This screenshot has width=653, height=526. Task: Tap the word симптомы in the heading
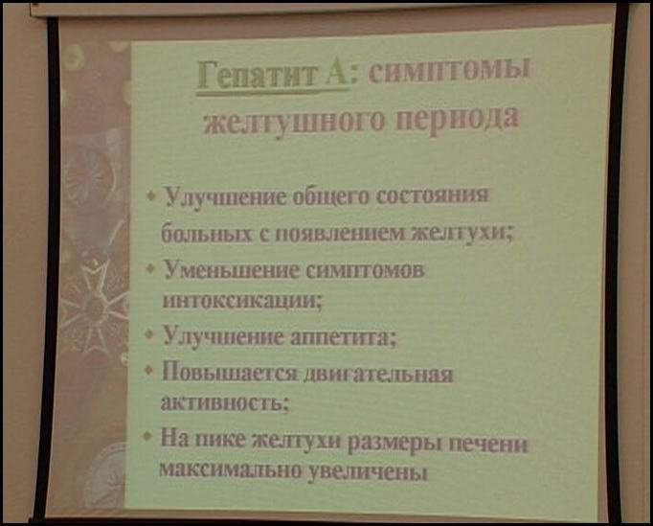click(448, 69)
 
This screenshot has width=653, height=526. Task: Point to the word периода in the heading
click(457, 121)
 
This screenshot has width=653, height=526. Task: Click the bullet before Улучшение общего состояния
click(152, 195)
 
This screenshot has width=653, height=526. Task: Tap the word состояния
click(432, 195)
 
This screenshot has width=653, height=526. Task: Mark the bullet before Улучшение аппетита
click(150, 334)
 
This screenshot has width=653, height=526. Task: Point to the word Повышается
click(230, 372)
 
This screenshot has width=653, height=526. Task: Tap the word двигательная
click(378, 374)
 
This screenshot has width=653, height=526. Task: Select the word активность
click(223, 402)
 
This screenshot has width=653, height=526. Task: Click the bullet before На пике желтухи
click(147, 436)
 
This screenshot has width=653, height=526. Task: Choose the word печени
click(487, 444)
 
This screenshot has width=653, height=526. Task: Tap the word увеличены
click(368, 472)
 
